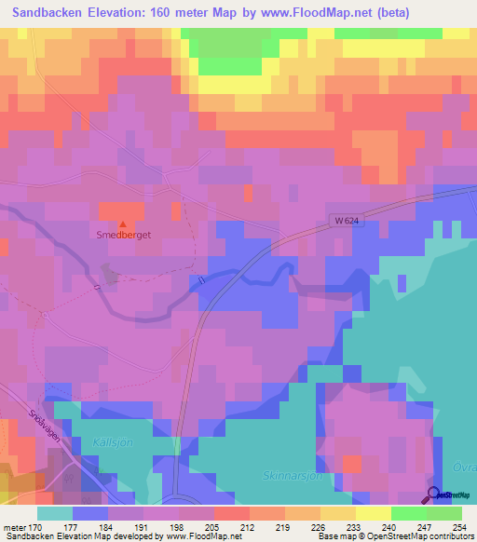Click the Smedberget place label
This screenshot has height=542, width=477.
point(123,236)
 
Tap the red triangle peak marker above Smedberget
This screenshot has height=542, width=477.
point(123,223)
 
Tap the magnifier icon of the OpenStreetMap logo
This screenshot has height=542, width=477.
point(432,495)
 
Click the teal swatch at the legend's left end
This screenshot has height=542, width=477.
point(55,513)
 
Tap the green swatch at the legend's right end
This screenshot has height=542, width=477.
point(444,513)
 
